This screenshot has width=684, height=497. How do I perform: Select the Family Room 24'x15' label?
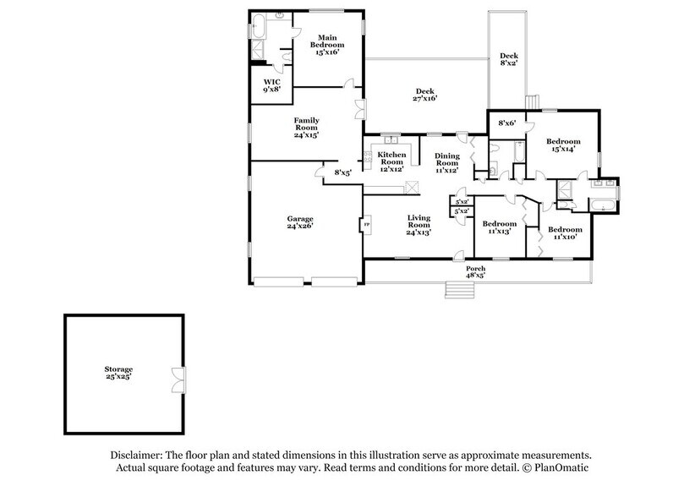[x=306, y=127]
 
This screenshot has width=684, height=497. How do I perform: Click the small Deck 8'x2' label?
[x=509, y=58]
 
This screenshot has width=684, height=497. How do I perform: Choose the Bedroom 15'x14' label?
[x=563, y=145]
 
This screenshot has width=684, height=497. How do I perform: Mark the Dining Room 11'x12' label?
[x=446, y=161]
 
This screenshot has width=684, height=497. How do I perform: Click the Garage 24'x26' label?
[x=301, y=222]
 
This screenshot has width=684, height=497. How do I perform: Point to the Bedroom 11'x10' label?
[x=564, y=233]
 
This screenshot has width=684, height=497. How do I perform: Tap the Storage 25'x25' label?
[x=118, y=374]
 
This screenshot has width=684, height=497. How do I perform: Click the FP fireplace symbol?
[x=366, y=225]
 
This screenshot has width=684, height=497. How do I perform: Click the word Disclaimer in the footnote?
[x=135, y=455]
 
